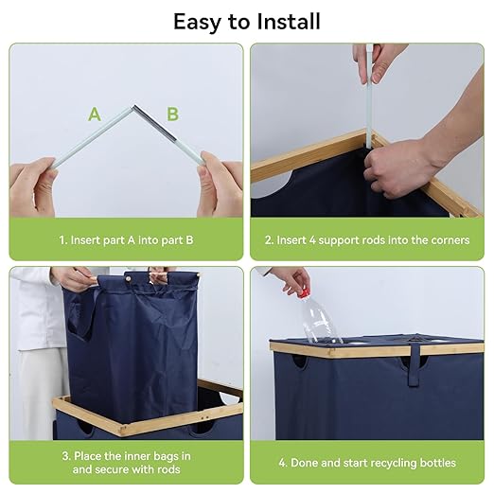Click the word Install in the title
tap(289, 22)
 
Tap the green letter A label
tap(95, 115)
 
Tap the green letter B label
tap(172, 115)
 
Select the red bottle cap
tap(304, 294)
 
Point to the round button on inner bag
tap(129, 278)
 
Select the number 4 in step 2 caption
tap(312, 240)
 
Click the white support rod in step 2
tap(369, 97)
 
